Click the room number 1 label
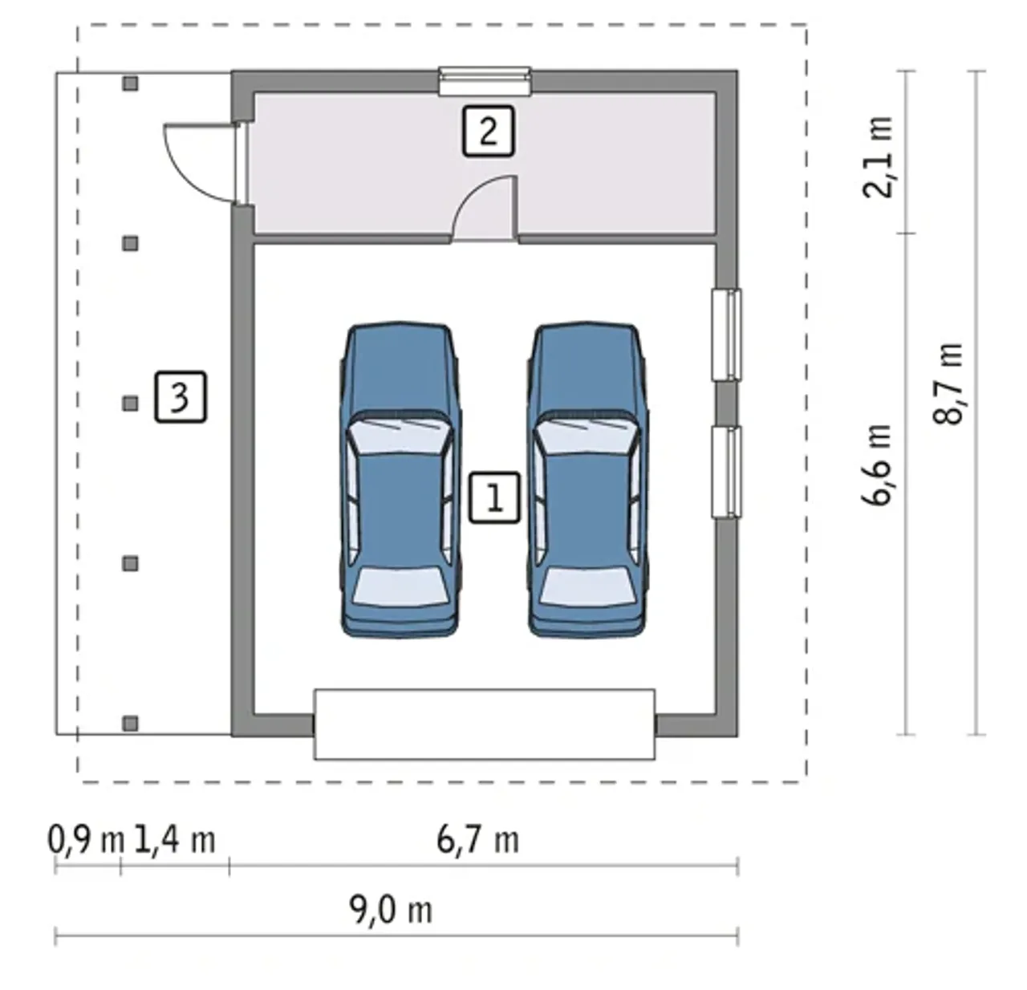tap(494, 497)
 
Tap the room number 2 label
tap(488, 132)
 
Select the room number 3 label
tap(181, 397)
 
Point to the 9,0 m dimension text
tap(391, 910)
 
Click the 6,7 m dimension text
tap(477, 840)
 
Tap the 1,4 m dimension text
tap(175, 840)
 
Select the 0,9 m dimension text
tap(86, 840)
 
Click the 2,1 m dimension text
tap(877, 157)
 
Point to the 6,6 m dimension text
tap(877, 465)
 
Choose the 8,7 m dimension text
tap(948, 384)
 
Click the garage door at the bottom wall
tap(485, 724)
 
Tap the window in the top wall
tap(485, 81)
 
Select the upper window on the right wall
tap(726, 335)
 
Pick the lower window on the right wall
tap(726, 473)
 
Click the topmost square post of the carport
tap(130, 83)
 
